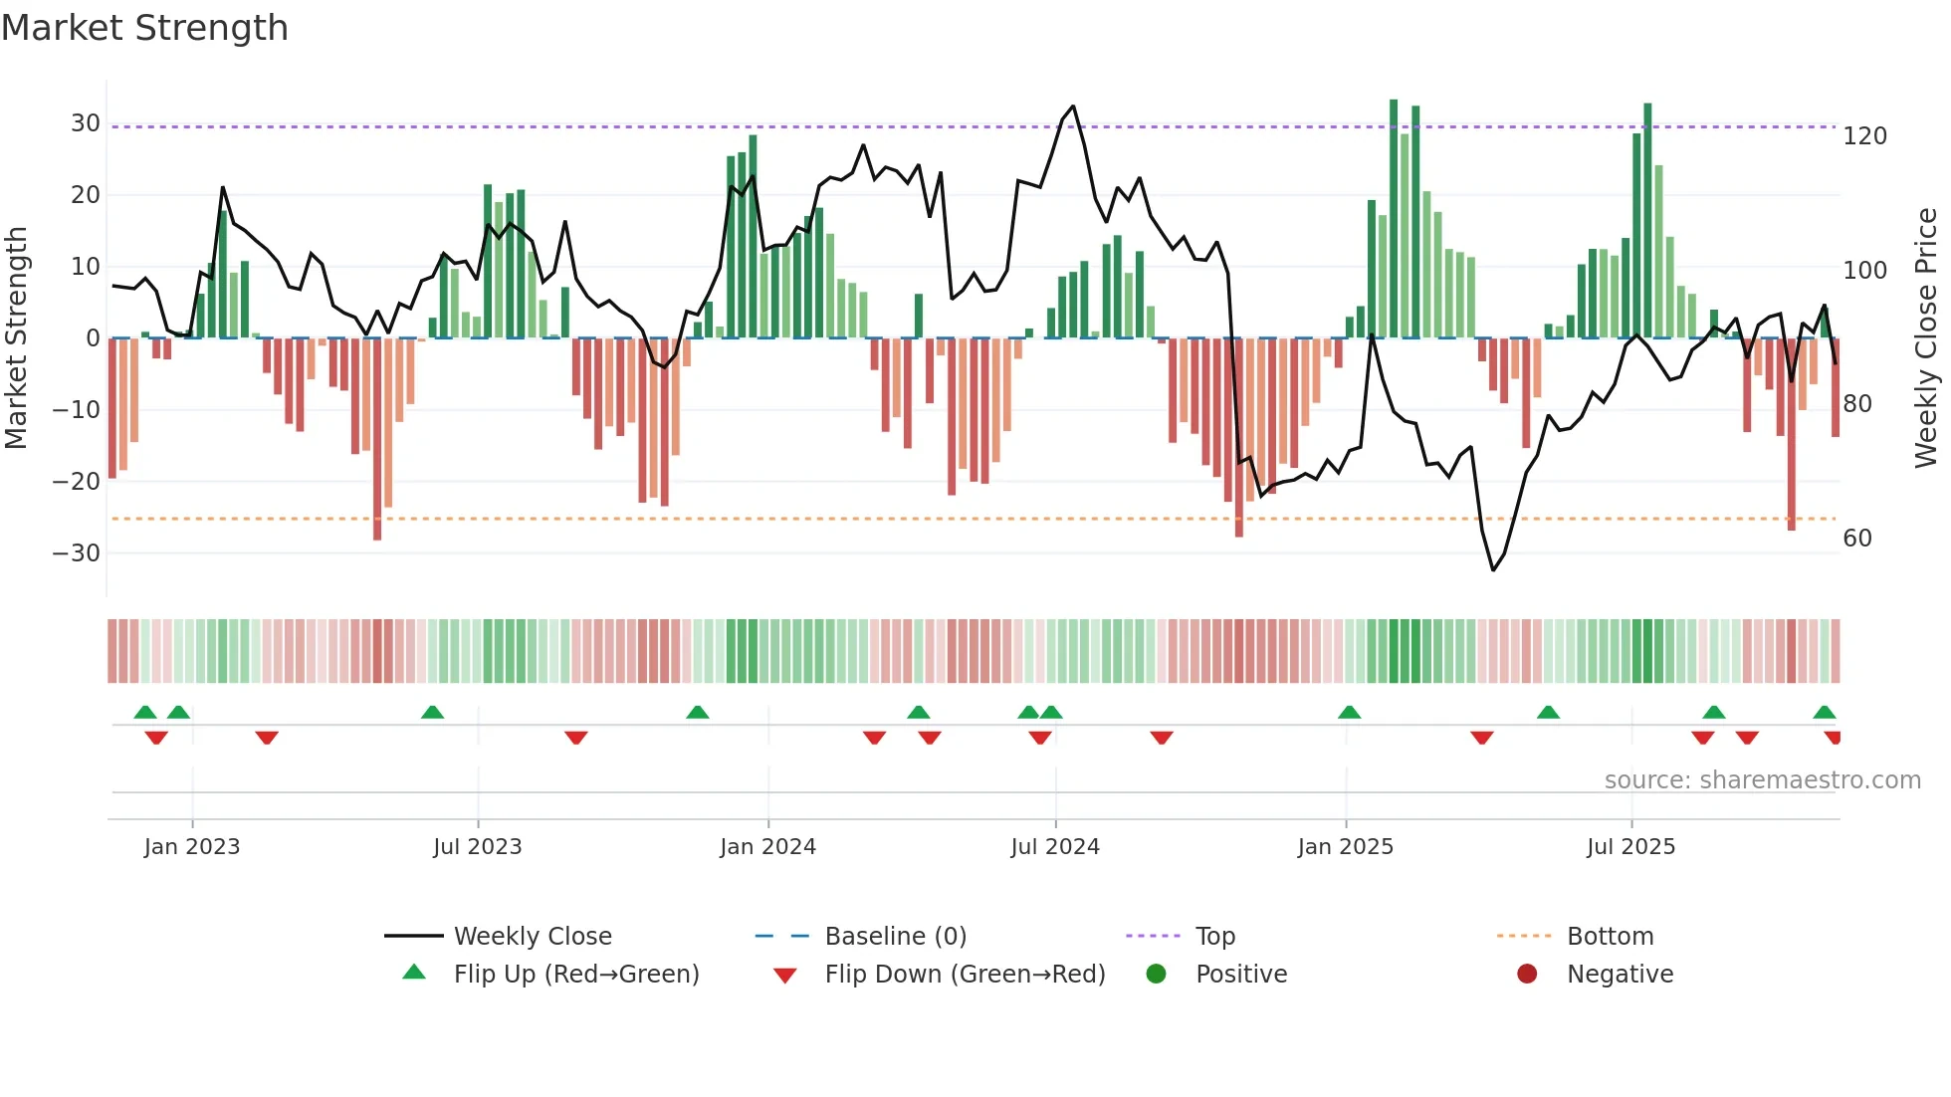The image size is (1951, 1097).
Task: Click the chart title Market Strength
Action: [x=145, y=28]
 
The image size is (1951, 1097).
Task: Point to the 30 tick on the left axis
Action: [x=86, y=123]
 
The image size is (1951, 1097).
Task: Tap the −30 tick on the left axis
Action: [x=78, y=553]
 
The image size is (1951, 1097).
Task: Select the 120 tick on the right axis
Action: [x=1864, y=136]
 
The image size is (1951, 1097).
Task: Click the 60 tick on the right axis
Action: [x=1857, y=539]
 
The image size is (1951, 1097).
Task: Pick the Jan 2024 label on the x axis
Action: [x=767, y=847]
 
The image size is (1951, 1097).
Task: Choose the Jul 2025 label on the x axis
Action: [x=1630, y=847]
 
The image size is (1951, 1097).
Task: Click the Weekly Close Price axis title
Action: [x=1926, y=338]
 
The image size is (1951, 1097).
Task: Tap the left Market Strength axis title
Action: [x=17, y=338]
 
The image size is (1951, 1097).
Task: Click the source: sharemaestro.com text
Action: [x=1762, y=780]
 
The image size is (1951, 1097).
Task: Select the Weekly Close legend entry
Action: [x=533, y=937]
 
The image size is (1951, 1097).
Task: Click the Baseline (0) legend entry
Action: [x=895, y=937]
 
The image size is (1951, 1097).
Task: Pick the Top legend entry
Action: [x=1214, y=937]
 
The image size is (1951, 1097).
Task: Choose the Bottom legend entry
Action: [x=1610, y=937]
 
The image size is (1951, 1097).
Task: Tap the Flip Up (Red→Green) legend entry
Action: [x=575, y=975]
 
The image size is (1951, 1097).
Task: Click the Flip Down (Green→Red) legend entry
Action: [x=965, y=975]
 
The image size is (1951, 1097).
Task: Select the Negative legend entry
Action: [x=1620, y=975]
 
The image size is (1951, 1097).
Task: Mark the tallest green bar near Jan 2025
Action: [x=1394, y=219]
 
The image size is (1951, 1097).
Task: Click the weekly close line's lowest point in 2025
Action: [x=1493, y=569]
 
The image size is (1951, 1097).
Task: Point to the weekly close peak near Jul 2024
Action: [x=1073, y=106]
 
